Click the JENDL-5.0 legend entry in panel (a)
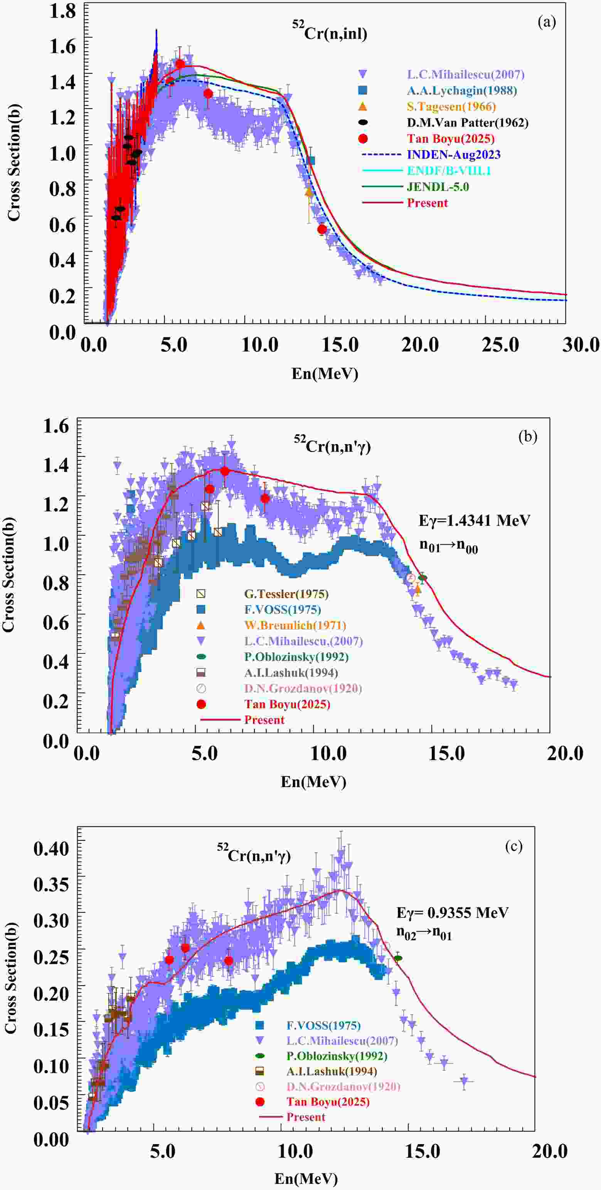click(x=438, y=187)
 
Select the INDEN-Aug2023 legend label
click(x=453, y=155)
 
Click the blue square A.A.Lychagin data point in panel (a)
click(x=311, y=160)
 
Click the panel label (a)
click(x=547, y=22)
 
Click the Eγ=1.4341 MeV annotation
click(x=474, y=521)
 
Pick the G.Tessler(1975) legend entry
click(x=286, y=594)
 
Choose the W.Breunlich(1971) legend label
click(x=295, y=626)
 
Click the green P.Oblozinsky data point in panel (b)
click(x=422, y=577)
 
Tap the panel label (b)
click(x=527, y=436)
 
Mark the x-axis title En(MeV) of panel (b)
click(x=313, y=782)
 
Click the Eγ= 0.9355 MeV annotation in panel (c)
click(x=452, y=912)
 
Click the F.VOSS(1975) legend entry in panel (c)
click(x=323, y=1025)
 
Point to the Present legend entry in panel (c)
click(x=305, y=1117)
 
